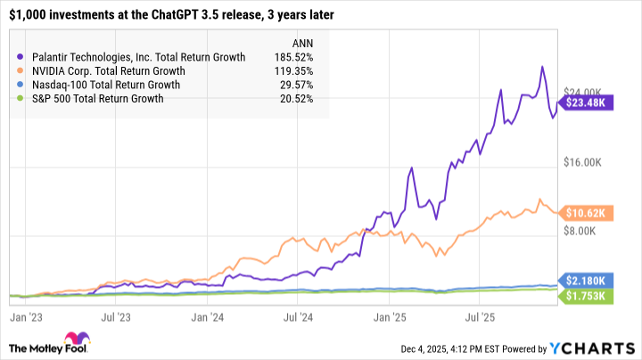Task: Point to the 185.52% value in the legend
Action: coord(302,57)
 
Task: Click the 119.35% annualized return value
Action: coord(302,71)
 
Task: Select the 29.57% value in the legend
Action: coord(305,86)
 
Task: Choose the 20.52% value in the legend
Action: coord(305,99)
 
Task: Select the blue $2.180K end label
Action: coord(586,279)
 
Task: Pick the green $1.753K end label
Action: coord(586,295)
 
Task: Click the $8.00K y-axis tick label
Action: coord(585,232)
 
